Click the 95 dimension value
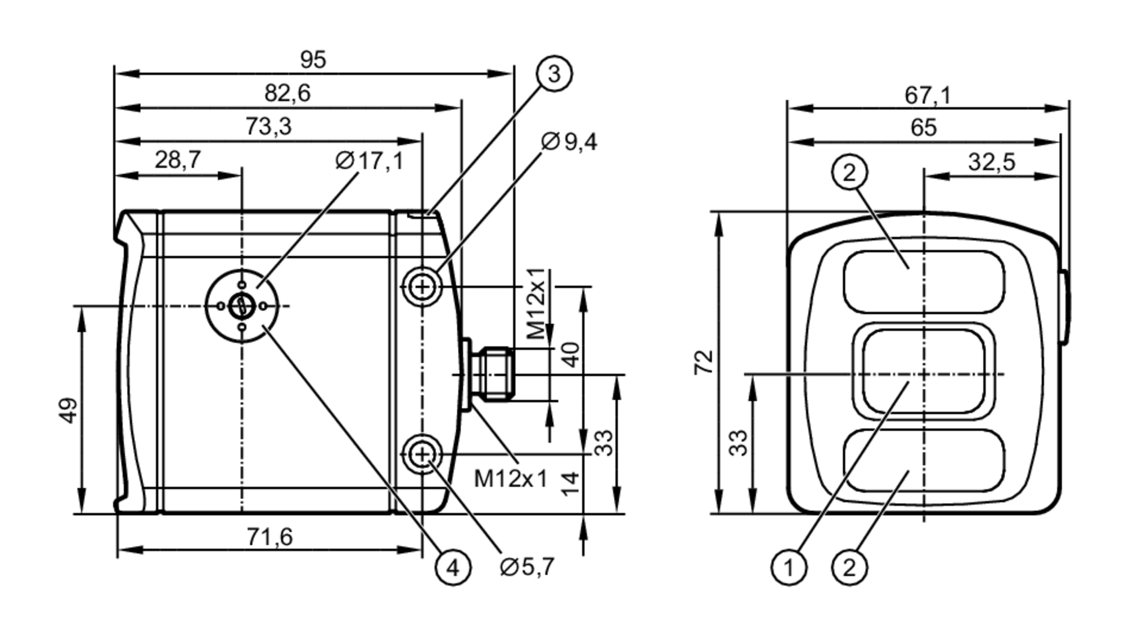click(x=313, y=60)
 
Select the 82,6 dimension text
click(x=287, y=93)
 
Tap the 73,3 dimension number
click(x=268, y=127)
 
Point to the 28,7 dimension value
click(x=178, y=160)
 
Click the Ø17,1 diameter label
click(x=369, y=161)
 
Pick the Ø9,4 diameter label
click(x=569, y=142)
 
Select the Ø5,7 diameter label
click(x=527, y=567)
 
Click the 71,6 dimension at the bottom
click(x=270, y=537)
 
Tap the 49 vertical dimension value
click(x=68, y=410)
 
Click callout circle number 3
click(x=554, y=74)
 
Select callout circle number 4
click(x=453, y=568)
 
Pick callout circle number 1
click(x=789, y=568)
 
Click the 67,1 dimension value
click(x=928, y=95)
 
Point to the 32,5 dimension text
click(x=991, y=162)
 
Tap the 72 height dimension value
click(x=704, y=362)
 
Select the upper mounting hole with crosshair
click(x=422, y=287)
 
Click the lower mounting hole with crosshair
click(x=422, y=453)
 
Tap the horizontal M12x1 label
click(x=510, y=479)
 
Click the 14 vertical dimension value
click(x=570, y=483)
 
